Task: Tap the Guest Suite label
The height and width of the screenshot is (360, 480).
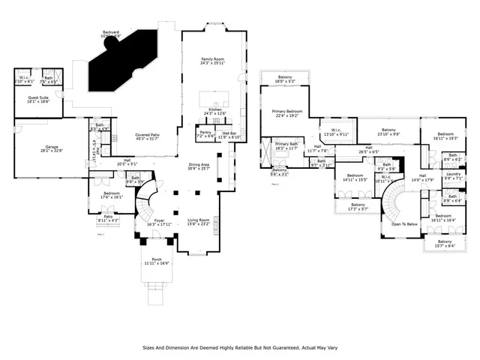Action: [38, 98]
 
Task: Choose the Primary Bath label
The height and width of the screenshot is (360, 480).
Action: [286, 145]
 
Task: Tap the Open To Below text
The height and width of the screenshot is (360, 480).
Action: [404, 223]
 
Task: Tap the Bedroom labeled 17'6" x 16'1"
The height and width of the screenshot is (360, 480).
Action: [108, 196]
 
